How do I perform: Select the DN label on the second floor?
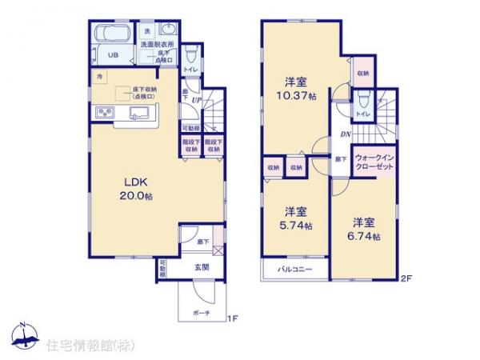tap(346, 135)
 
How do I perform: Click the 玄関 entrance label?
tap(200, 268)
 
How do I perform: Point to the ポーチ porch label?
tap(201, 314)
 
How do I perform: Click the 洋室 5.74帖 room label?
tap(296, 218)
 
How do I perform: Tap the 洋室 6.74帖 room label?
tap(364, 230)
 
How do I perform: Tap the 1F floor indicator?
tap(232, 321)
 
